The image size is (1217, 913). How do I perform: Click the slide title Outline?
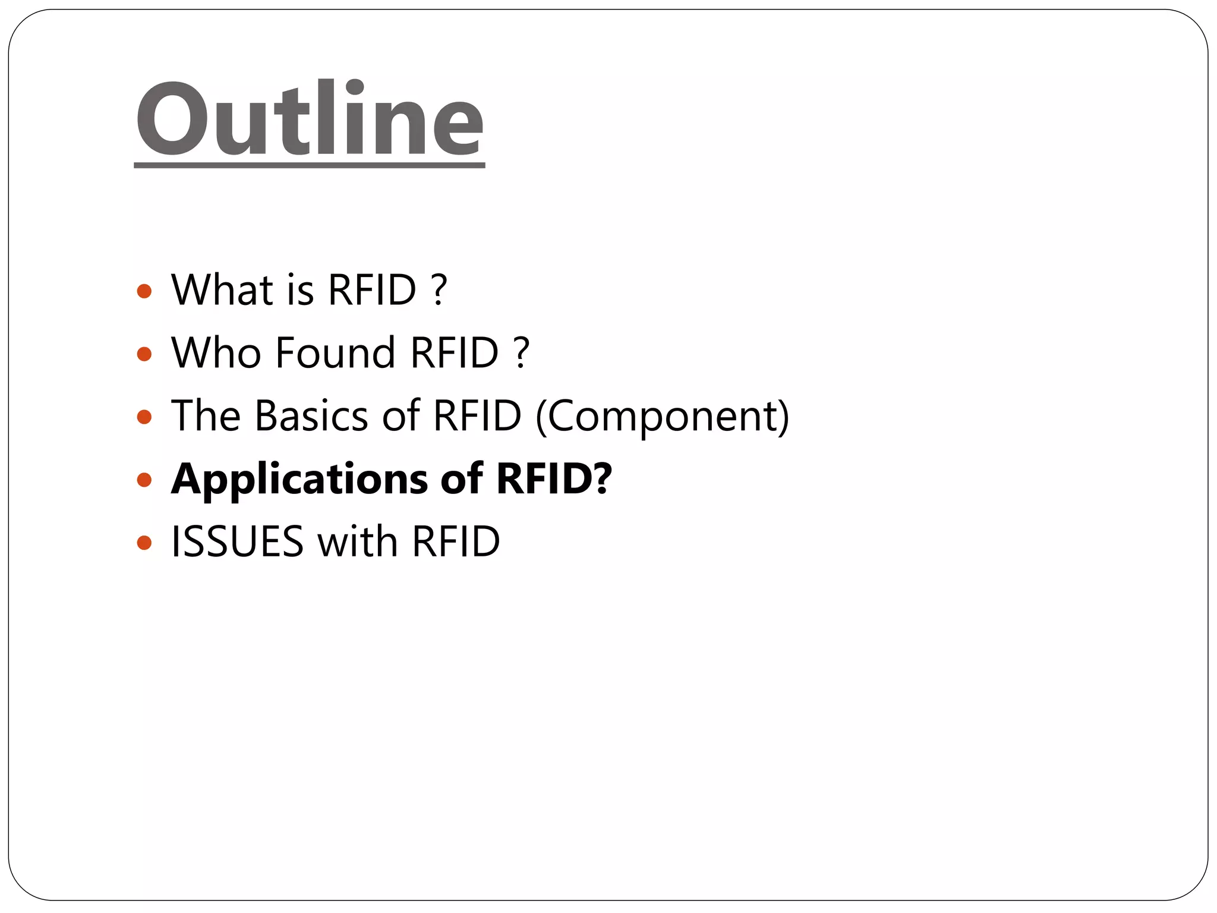(x=309, y=119)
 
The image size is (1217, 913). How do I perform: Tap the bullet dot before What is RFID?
(x=144, y=291)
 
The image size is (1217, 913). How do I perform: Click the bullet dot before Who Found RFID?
(x=144, y=354)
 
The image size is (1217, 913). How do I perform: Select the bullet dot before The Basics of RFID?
(x=144, y=417)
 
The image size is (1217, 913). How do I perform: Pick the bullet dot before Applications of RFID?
(x=144, y=480)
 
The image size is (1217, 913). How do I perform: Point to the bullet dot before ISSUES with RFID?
(x=144, y=542)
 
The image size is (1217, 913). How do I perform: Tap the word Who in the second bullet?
(x=216, y=353)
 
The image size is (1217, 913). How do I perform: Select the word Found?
(x=336, y=353)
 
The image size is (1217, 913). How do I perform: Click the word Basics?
(x=311, y=415)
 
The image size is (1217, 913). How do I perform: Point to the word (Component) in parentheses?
(x=662, y=417)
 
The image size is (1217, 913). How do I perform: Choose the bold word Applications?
(x=299, y=480)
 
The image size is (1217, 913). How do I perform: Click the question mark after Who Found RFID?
(x=521, y=353)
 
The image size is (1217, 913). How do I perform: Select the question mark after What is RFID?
(x=439, y=290)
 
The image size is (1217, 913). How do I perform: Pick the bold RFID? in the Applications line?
(x=554, y=478)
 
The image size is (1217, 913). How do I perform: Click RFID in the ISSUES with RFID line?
(x=456, y=542)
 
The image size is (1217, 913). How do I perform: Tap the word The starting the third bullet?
(x=206, y=415)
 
